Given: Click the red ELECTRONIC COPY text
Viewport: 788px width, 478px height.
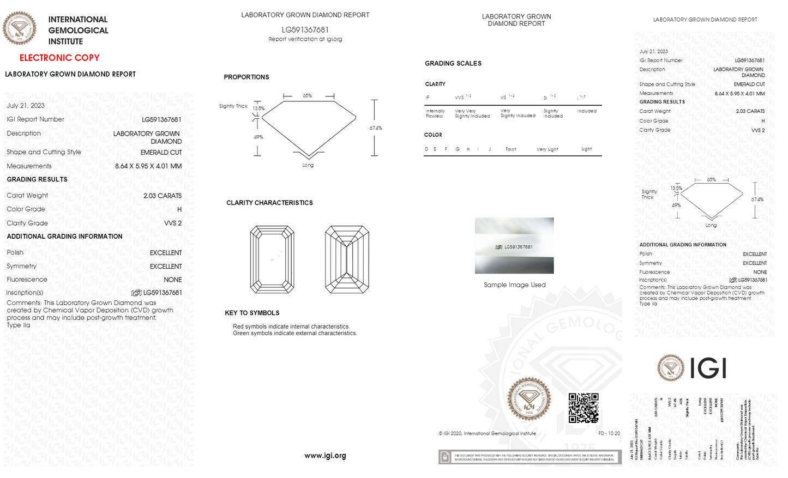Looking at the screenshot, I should [x=59, y=58].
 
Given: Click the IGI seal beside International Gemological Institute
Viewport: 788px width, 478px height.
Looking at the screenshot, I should [x=20, y=28].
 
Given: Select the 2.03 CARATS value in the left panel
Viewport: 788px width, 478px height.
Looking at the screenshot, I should [x=163, y=196].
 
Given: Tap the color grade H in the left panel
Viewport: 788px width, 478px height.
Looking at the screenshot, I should [x=179, y=209].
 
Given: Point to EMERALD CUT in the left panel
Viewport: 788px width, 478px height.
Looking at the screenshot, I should [x=161, y=153].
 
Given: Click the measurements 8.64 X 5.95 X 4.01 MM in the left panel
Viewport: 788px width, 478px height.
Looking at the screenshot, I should [x=148, y=166].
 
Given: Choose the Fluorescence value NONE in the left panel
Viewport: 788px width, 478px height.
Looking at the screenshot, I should [x=173, y=280].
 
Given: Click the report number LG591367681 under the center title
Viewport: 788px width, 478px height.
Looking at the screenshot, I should [x=305, y=30].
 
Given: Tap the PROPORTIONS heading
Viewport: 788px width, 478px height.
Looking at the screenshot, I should [x=246, y=77].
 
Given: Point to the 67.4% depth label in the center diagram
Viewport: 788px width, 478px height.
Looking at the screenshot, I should [x=376, y=128].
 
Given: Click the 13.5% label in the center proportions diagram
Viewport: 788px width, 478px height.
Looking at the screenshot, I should [x=258, y=108].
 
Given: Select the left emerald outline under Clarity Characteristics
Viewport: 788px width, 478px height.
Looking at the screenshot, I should [x=272, y=259].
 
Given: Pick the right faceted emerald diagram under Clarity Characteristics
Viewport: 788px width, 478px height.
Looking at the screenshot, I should [x=347, y=259].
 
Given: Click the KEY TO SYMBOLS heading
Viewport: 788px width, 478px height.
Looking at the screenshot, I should [x=252, y=313].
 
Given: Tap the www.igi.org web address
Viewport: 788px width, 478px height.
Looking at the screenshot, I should [x=325, y=456].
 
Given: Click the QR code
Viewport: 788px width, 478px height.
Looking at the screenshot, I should [x=584, y=408].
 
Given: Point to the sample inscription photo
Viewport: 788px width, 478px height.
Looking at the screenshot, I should [x=514, y=246].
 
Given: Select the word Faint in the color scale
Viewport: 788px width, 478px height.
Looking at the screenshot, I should [x=510, y=149].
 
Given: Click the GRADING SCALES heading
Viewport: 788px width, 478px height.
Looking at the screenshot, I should [x=453, y=64].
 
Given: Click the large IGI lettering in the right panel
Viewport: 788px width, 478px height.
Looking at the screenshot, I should [x=708, y=368].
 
